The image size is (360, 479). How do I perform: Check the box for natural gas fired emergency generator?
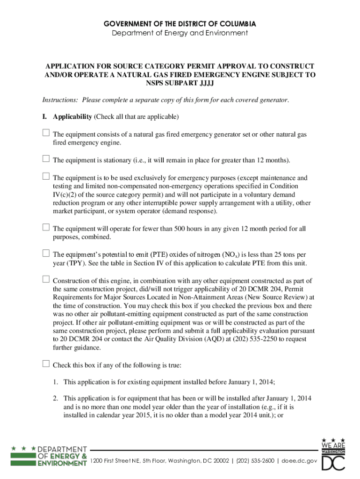pos(46,133)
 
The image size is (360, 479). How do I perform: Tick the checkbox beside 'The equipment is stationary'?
pos(46,159)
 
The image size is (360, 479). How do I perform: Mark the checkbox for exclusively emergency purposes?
pos(46,177)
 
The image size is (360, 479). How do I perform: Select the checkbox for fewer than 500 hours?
pos(46,228)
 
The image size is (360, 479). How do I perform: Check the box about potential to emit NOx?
pos(46,254)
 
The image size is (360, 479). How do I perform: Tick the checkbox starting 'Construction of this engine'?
pos(46,280)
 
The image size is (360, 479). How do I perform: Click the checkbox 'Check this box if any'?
pos(46,364)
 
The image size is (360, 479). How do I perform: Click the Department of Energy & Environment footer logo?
pos(49,456)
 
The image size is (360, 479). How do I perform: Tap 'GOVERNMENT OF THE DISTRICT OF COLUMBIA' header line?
pos(180,23)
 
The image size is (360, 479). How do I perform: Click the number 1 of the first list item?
pos(55,382)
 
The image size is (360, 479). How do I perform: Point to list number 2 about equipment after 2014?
pos(55,399)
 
